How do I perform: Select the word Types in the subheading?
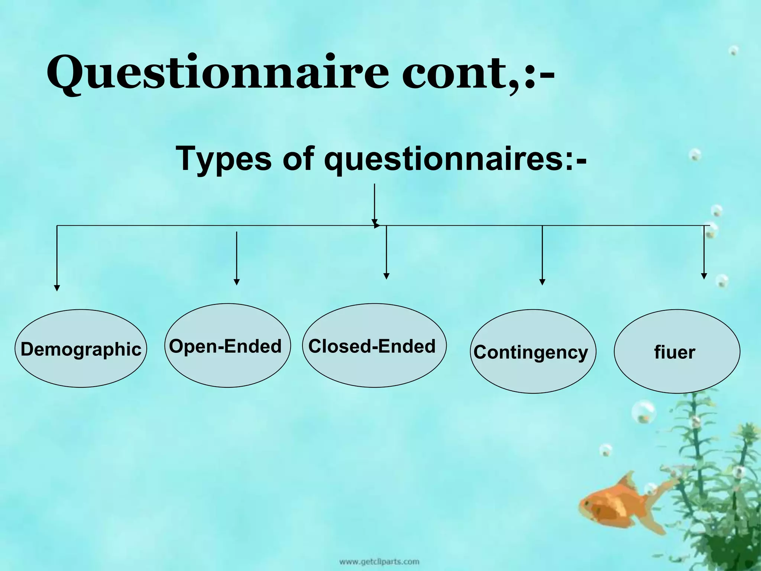[223, 159]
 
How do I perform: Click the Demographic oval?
[81, 349]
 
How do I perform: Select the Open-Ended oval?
[227, 346]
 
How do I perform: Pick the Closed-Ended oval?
[374, 346]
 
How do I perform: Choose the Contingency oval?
[532, 351]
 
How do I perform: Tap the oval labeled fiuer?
[676, 351]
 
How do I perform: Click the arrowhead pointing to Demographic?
[57, 288]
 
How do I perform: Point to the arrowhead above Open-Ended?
[237, 282]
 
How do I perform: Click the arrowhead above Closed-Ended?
[386, 276]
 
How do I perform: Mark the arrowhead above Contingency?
[542, 282]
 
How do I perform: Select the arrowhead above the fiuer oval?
[704, 276]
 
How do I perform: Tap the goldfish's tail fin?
[654, 528]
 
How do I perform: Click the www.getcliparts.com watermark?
[379, 562]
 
